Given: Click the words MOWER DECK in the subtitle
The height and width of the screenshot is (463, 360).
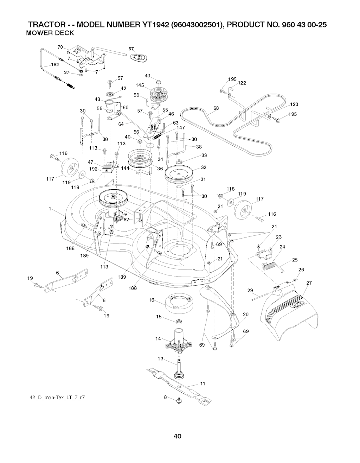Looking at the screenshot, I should (50, 33).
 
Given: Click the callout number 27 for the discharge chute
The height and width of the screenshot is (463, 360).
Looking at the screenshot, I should (309, 283).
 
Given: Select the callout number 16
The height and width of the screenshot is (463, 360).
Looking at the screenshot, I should (152, 300).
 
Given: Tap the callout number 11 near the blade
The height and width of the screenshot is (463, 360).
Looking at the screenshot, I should (202, 383).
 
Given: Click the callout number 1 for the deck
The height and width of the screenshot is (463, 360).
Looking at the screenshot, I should (51, 209).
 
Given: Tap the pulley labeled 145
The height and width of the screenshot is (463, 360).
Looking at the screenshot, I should (156, 94).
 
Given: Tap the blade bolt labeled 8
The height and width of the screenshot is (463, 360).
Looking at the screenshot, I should (179, 400).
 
